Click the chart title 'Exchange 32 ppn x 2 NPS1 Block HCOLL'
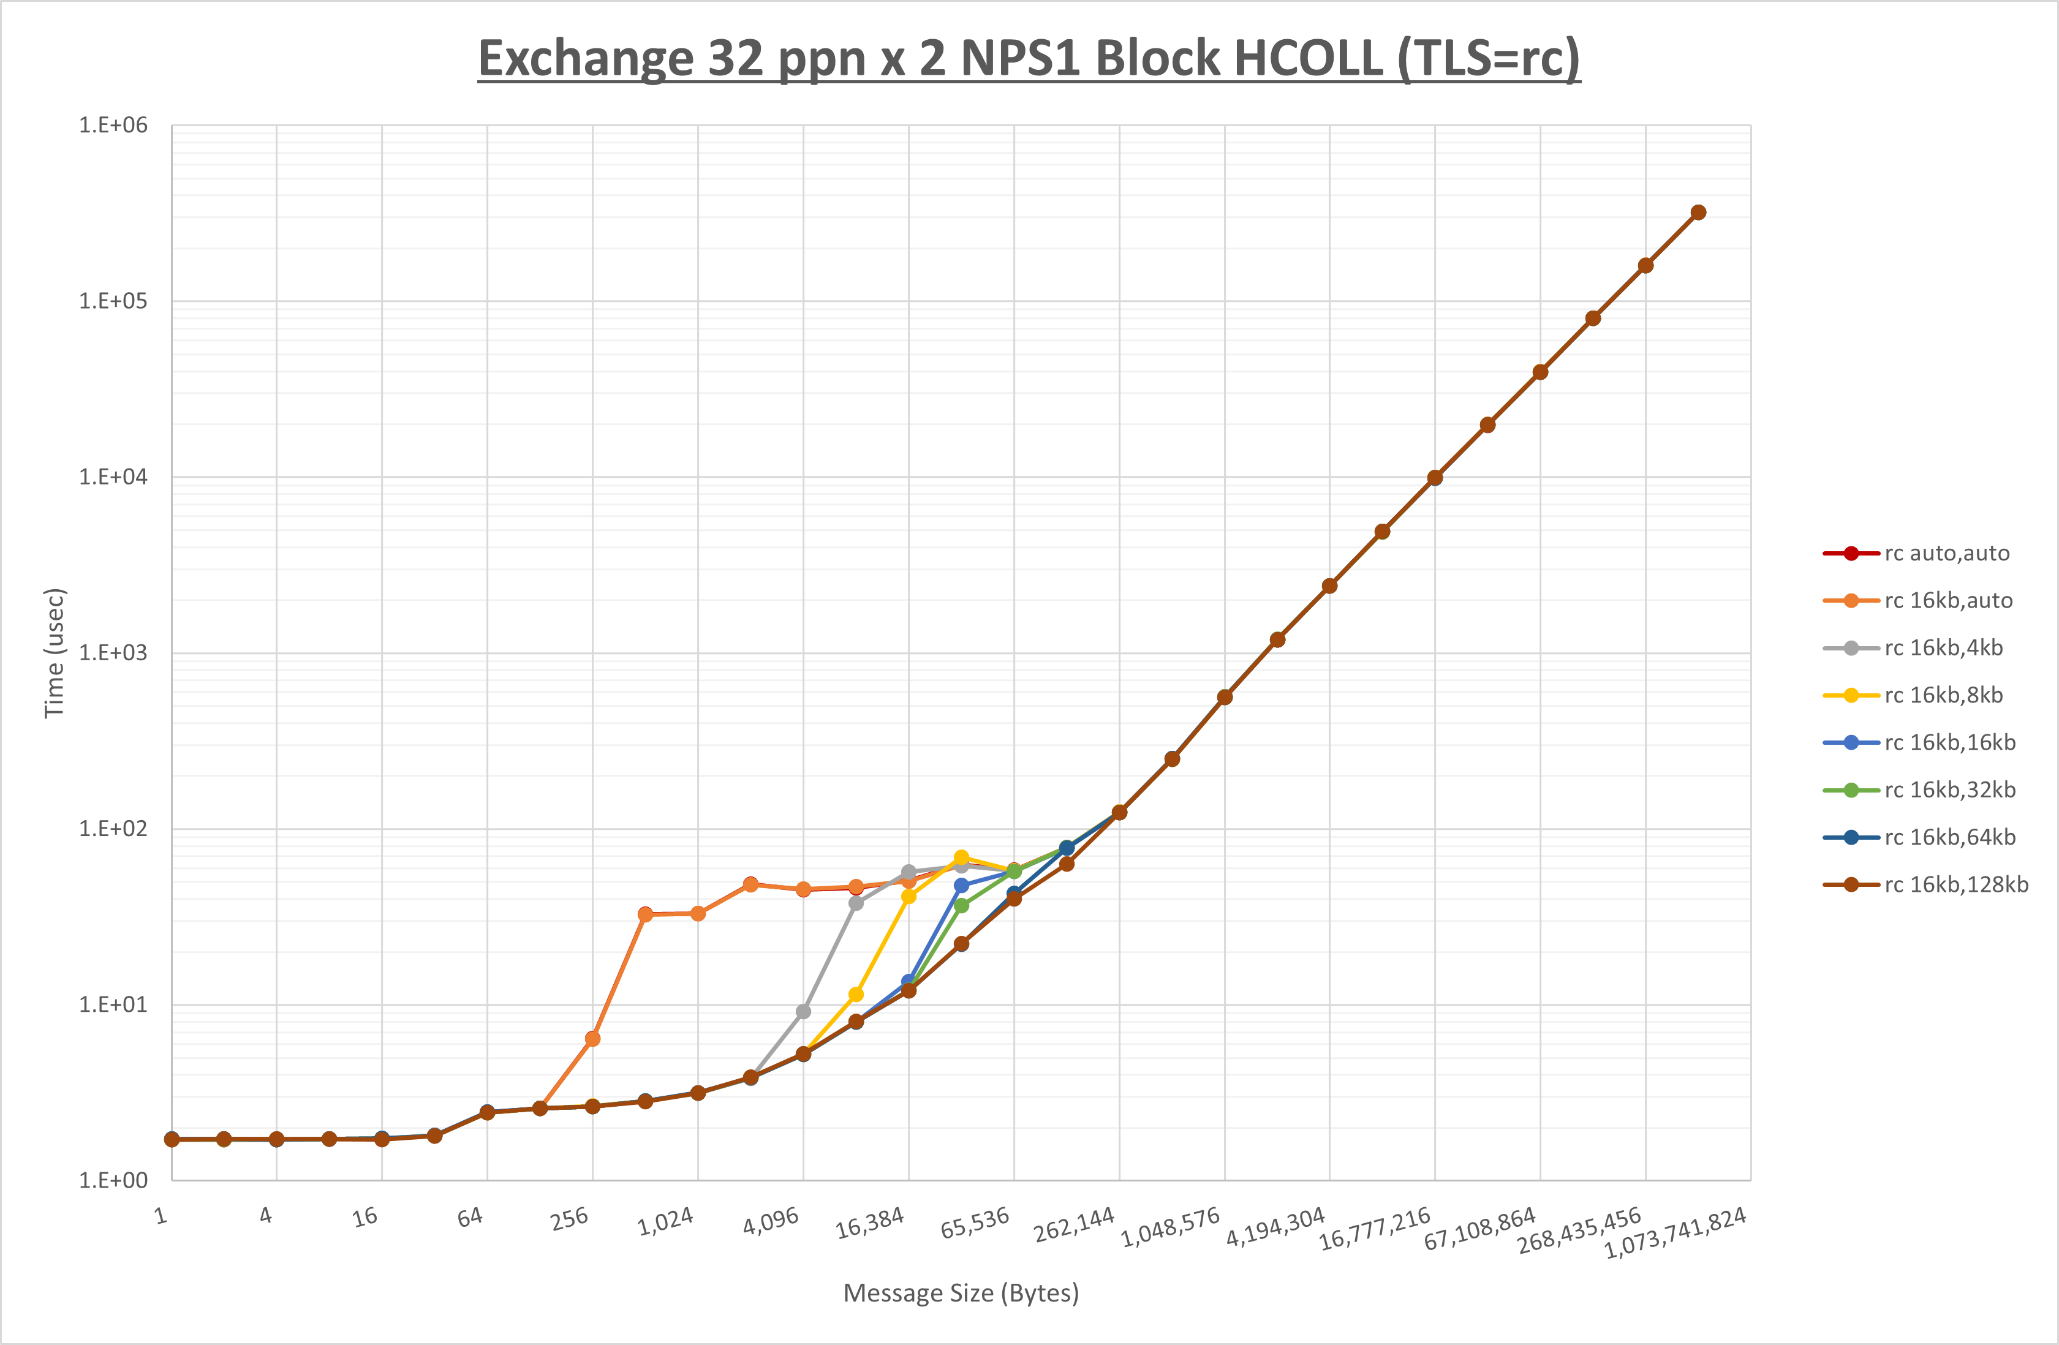(x=1029, y=58)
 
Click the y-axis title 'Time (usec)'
(x=54, y=653)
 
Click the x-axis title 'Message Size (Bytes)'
(x=961, y=1292)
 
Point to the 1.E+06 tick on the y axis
(x=113, y=126)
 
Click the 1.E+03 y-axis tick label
(x=113, y=653)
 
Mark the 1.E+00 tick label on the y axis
(x=113, y=1181)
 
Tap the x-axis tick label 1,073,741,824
(x=1675, y=1232)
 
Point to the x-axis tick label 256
(x=569, y=1219)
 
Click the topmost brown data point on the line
(x=1698, y=213)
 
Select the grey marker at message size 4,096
(x=803, y=1011)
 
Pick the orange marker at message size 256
(x=592, y=1039)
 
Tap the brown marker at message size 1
(x=172, y=1140)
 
